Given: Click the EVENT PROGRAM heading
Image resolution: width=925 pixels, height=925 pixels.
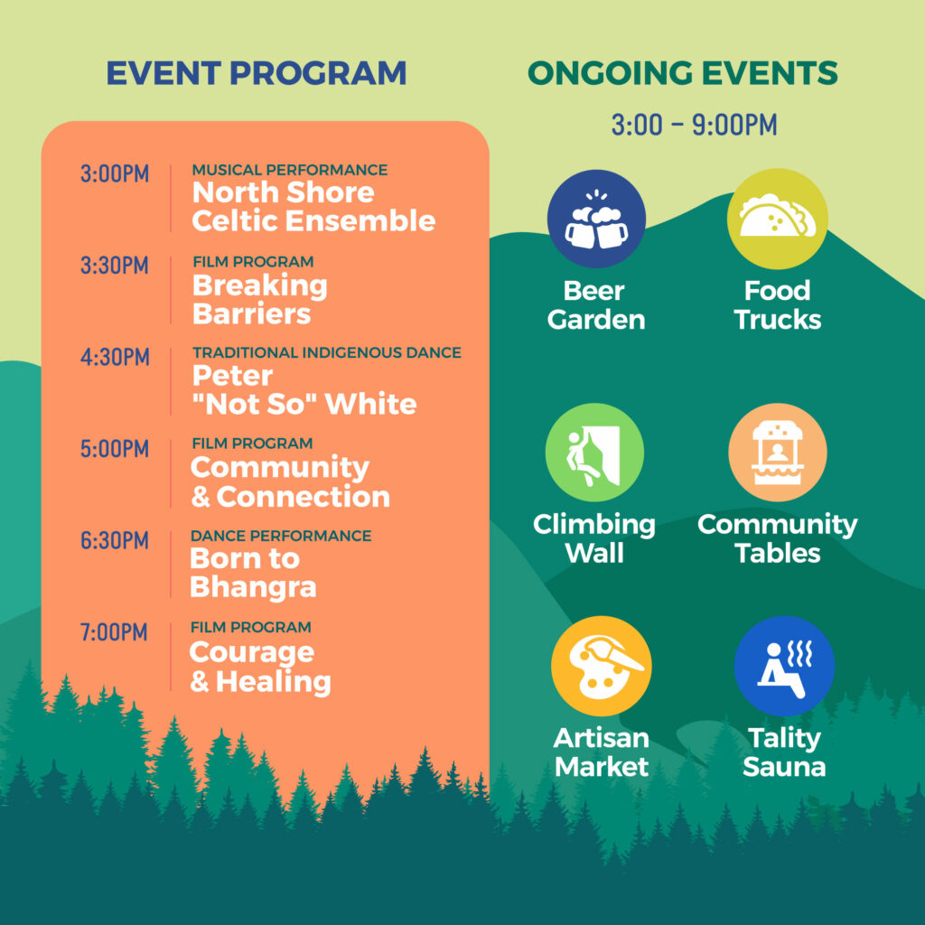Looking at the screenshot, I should [257, 73].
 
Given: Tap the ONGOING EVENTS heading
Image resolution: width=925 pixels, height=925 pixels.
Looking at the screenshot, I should [682, 73].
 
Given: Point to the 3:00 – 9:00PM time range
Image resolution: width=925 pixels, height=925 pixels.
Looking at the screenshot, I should [693, 126].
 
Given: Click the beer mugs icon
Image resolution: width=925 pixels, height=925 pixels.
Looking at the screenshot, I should [596, 220].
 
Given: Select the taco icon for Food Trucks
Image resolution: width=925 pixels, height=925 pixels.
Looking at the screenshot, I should [777, 220].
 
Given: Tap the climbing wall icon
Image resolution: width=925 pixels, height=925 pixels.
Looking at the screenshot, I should [594, 453].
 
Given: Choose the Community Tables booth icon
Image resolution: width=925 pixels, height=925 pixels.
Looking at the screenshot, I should [777, 453].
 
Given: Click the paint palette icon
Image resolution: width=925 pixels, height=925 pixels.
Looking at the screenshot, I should [601, 667].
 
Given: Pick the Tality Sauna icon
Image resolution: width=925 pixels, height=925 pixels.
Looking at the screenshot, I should [783, 667].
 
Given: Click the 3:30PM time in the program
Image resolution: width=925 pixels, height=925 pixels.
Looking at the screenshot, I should [115, 266].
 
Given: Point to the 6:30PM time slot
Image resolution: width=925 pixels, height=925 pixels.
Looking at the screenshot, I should [115, 540].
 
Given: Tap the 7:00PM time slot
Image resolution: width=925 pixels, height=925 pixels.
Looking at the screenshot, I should [114, 632].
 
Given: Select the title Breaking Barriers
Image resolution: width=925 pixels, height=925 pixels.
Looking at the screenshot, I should [259, 300].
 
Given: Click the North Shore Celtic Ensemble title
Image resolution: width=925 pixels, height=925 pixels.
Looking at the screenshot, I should [313, 207].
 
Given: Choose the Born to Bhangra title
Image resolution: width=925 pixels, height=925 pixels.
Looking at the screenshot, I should [253, 574].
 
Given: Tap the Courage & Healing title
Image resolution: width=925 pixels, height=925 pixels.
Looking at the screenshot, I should [259, 667].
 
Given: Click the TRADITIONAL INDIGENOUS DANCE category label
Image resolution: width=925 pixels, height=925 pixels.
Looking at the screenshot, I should [326, 352].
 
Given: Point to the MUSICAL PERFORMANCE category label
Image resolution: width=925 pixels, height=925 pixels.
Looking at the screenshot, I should [290, 170].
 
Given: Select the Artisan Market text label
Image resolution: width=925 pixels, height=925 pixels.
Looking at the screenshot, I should [601, 752].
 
